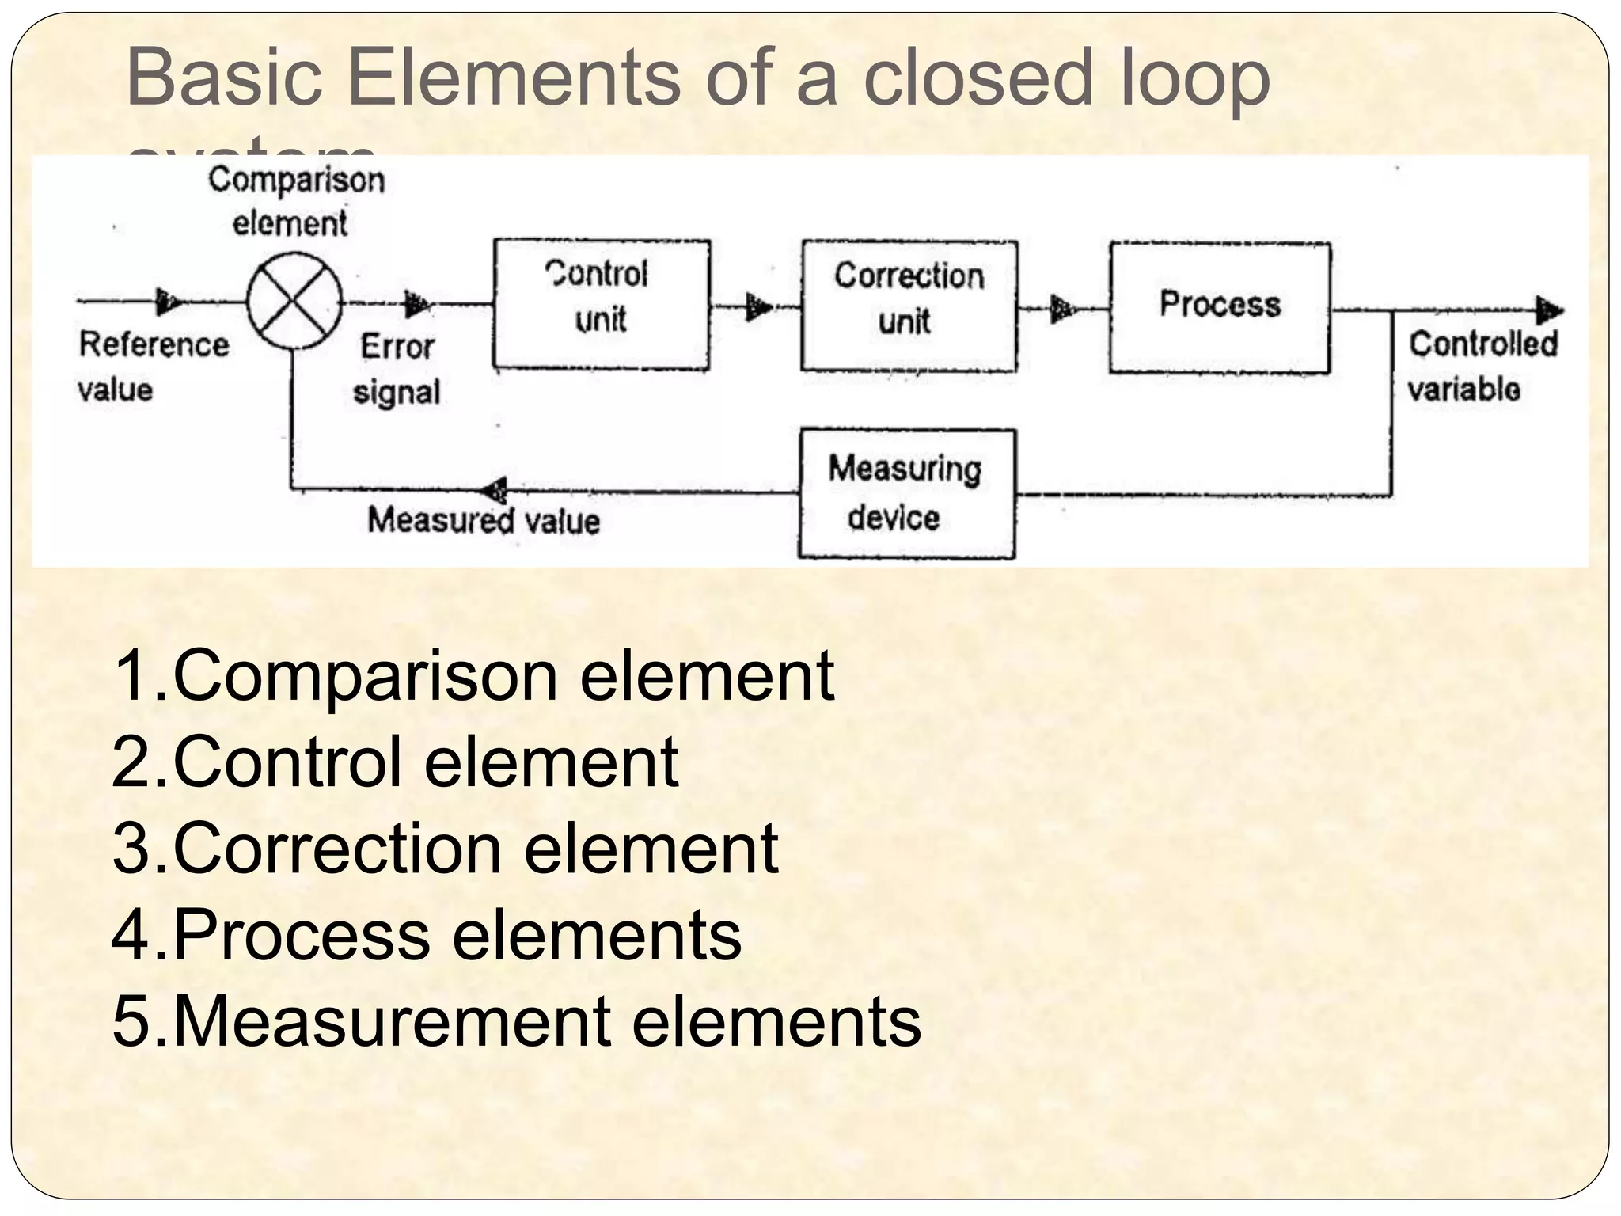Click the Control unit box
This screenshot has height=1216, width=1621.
coord(602,305)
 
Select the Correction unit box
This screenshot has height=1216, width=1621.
coord(909,306)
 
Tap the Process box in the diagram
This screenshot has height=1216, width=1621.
coord(1219,307)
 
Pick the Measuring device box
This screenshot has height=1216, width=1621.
coord(906,494)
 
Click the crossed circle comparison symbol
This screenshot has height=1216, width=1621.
coord(294,301)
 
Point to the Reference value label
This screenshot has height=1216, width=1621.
coord(153,367)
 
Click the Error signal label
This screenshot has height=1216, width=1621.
coord(397,369)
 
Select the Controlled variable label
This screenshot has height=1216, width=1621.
coord(1482,367)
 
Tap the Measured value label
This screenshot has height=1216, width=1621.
coord(484,521)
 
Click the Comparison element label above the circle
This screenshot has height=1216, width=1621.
coord(295,201)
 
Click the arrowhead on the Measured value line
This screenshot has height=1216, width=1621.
coord(496,491)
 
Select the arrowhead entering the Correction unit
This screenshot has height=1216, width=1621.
coord(758,306)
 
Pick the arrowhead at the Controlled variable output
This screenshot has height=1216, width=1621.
coord(1549,310)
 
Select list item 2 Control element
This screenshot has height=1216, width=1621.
coord(395,762)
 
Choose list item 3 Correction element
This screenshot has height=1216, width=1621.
coord(446,848)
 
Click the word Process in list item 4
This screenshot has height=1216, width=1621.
coord(302,934)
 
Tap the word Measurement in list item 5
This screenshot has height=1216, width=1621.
coord(391,1021)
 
